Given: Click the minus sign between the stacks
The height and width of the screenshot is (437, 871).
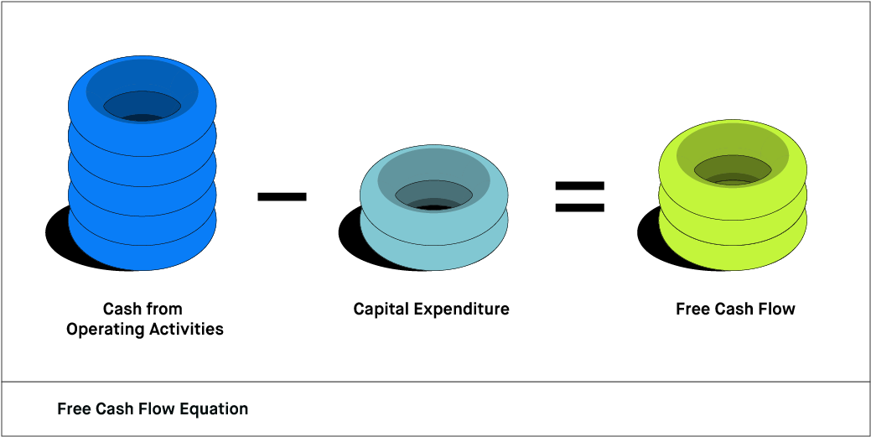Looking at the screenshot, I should coord(282,196).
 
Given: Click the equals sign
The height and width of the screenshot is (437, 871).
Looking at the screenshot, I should coord(579,196).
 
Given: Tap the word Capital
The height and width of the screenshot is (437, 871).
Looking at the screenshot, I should coord(381,310).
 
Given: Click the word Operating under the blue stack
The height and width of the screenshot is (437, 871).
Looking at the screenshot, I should coord(103,329).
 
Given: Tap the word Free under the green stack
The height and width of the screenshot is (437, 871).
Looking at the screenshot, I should coord(692,310).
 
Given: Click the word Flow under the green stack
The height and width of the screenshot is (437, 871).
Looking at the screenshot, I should coord(777,310).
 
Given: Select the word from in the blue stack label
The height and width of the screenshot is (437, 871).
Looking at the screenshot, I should coord(165,310).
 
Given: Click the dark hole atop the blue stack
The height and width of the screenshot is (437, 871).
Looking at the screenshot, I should coord(142,107).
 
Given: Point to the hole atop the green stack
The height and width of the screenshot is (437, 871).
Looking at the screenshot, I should coord(733,169).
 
